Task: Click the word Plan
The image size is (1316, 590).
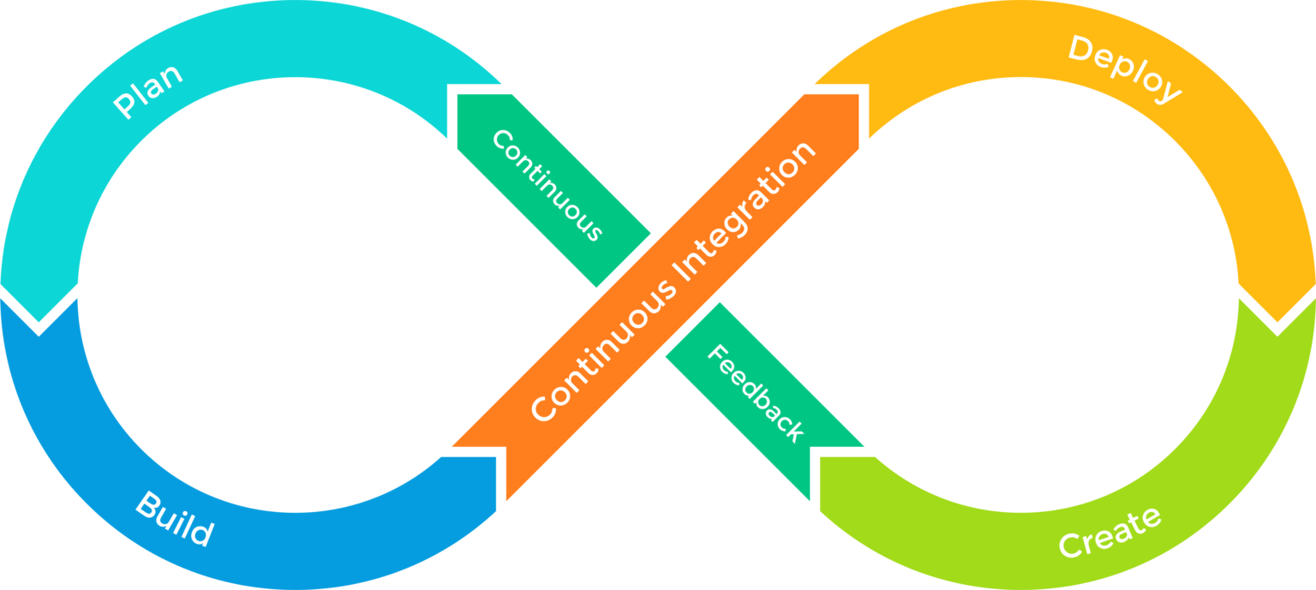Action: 149,91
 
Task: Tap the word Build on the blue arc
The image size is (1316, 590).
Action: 174,520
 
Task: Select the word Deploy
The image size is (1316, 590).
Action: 1124,69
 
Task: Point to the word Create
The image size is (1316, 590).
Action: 1110,532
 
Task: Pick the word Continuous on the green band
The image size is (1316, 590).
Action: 547,185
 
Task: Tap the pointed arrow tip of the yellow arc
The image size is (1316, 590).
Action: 1277,325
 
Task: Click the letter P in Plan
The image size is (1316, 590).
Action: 125,108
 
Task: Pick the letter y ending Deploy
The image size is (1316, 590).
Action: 1168,91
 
